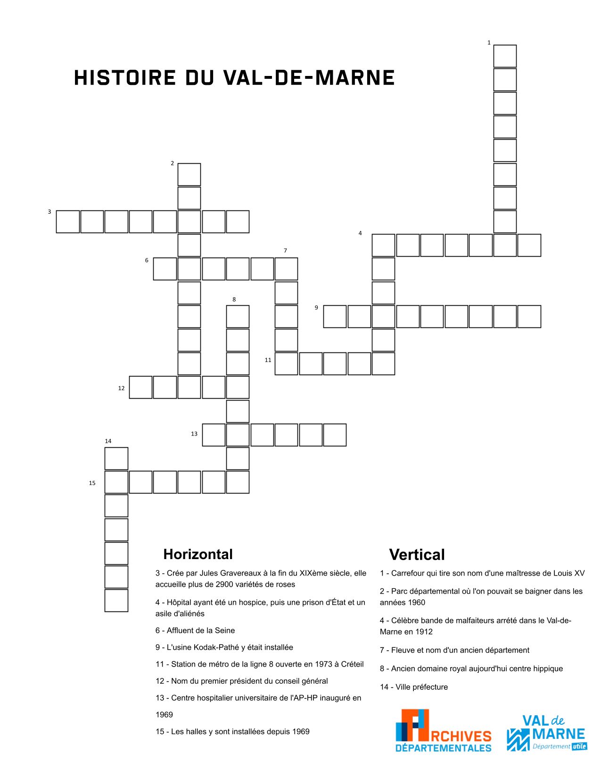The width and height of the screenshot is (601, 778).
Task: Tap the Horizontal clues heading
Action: (198, 554)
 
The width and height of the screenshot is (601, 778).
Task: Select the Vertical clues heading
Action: (417, 555)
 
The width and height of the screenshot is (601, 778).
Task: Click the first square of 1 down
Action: (505, 56)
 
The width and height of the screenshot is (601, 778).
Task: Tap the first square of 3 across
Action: (68, 222)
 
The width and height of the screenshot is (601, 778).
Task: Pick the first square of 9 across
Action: (335, 317)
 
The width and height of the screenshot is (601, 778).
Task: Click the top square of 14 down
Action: (116, 459)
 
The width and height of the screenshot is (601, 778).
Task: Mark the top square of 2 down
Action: (189, 175)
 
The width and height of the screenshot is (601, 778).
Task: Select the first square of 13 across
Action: (214, 435)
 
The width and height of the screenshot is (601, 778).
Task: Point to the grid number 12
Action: (121, 388)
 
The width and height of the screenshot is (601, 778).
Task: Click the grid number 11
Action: (268, 360)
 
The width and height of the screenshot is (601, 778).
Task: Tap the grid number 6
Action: (147, 260)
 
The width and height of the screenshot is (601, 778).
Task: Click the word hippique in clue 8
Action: (548, 669)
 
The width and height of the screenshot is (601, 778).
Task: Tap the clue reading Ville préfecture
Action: (414, 687)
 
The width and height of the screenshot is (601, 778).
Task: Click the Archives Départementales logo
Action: (443, 730)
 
